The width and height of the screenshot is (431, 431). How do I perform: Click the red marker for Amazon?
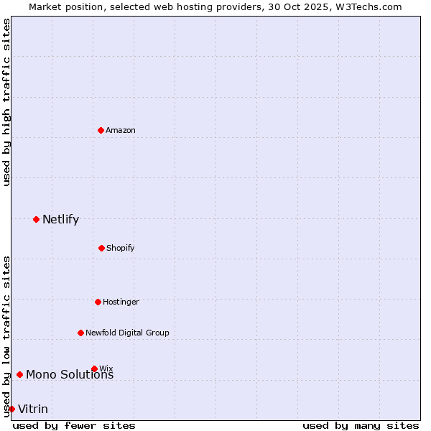[101, 130]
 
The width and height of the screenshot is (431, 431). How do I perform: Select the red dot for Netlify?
[36, 219]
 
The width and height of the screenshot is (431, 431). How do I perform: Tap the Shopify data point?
[101, 248]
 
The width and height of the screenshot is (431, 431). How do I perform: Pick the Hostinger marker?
[98, 302]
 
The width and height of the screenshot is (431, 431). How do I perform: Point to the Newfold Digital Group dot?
[80, 333]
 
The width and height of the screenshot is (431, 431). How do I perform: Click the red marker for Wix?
[94, 369]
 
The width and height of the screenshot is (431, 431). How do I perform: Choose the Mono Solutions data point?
[19, 374]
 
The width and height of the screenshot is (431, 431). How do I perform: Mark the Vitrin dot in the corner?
[11, 409]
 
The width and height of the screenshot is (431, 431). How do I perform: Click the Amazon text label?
[121, 130]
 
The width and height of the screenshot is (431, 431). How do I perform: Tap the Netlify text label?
[60, 219]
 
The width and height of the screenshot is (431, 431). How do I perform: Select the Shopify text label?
[121, 248]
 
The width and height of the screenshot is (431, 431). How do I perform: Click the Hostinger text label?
[121, 302]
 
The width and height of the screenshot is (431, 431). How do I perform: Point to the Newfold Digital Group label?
[127, 333]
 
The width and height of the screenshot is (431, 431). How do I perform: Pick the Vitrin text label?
[33, 409]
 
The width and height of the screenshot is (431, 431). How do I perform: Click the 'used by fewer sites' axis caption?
[74, 425]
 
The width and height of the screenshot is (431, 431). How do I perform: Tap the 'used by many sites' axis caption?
[361, 425]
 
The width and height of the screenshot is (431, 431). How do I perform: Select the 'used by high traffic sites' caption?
[6, 102]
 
